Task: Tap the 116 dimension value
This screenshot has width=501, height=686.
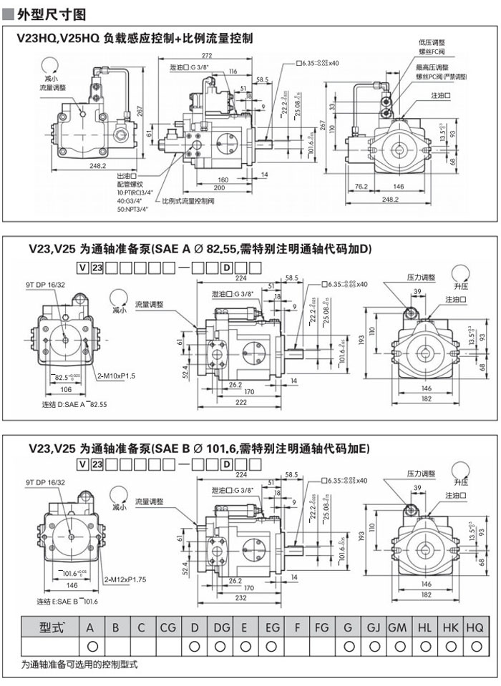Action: tap(233, 72)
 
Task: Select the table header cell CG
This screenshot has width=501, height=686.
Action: tap(167, 627)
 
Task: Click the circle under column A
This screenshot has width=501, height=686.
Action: tap(91, 646)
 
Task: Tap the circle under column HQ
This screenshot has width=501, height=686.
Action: tap(475, 646)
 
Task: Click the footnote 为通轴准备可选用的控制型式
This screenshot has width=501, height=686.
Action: tap(79, 665)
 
